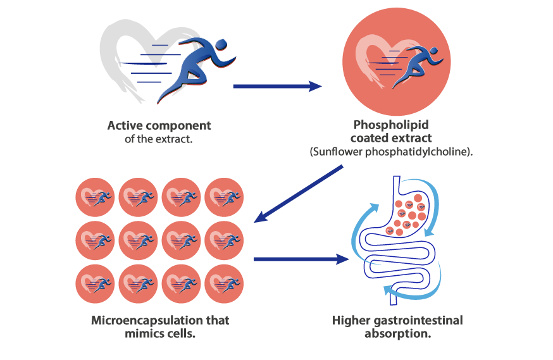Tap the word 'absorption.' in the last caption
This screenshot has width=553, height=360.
[397, 333]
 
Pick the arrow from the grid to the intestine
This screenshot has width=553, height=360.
[301, 258]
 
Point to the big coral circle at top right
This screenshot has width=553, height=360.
[397, 62]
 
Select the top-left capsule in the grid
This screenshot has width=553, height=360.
[96, 197]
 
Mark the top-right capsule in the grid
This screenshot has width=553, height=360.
[224, 197]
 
